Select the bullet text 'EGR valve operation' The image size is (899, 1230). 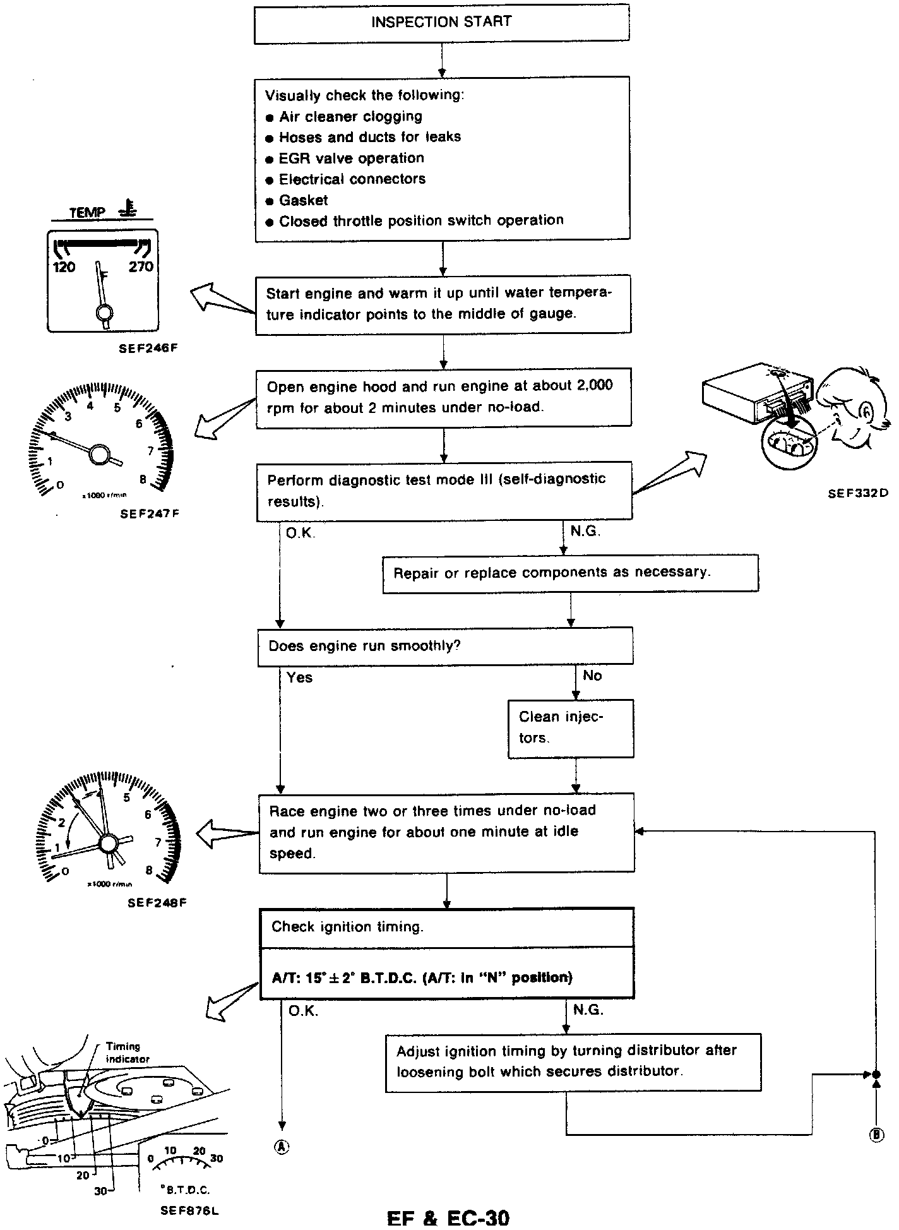pyautogui.click(x=351, y=158)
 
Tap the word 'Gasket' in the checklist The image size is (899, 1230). pyautogui.click(x=304, y=200)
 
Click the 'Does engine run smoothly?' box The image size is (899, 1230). pyautogui.click(x=445, y=646)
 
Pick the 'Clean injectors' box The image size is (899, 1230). pyautogui.click(x=570, y=727)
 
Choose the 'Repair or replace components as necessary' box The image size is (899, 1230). pyautogui.click(x=570, y=573)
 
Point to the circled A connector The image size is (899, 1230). pyautogui.click(x=282, y=1147)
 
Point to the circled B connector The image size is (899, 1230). pyautogui.click(x=876, y=1135)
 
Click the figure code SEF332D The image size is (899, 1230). pyautogui.click(x=857, y=494)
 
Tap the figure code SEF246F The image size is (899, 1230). pyautogui.click(x=147, y=347)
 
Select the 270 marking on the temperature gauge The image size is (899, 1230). pyautogui.click(x=141, y=266)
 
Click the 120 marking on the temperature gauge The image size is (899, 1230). pyautogui.click(x=64, y=267)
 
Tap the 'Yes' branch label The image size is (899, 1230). pyautogui.click(x=299, y=678)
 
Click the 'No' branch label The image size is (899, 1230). pyautogui.click(x=592, y=676)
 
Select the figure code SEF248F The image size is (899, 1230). pyautogui.click(x=157, y=903)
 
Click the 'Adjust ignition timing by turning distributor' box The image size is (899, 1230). pyautogui.click(x=573, y=1061)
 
